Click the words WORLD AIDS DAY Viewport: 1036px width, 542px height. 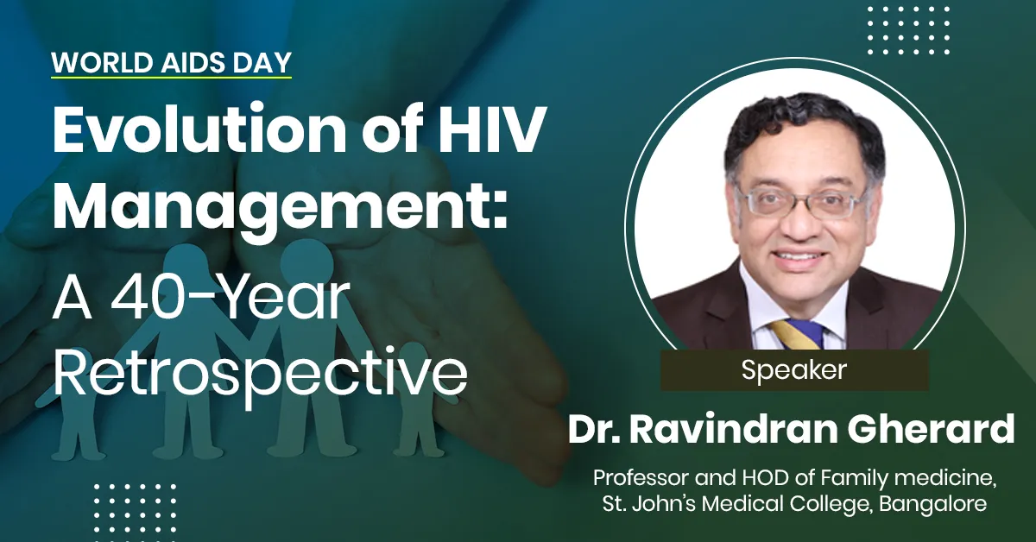[171, 63]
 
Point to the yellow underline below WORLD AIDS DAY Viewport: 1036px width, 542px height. [171, 79]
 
